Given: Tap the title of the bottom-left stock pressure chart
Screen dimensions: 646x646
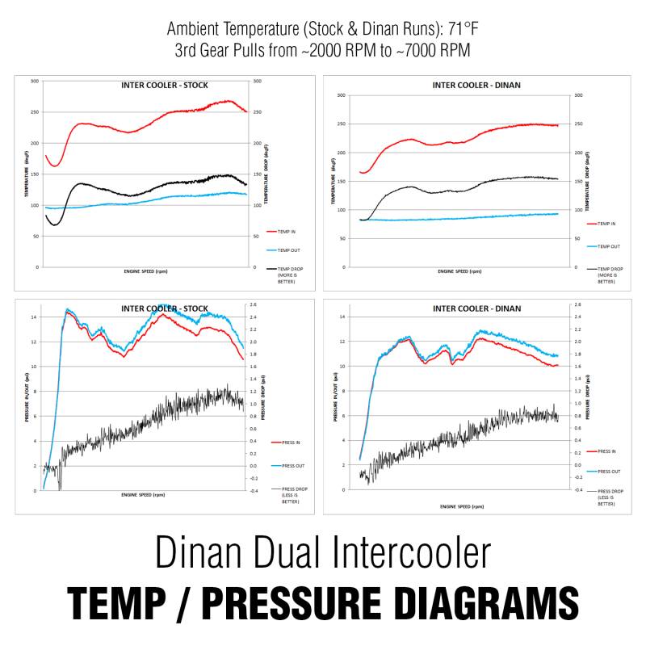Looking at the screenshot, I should coord(164,308).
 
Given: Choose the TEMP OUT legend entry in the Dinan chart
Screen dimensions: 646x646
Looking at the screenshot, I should coord(607,245).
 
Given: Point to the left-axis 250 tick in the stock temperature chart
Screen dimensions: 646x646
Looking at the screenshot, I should coord(34,112).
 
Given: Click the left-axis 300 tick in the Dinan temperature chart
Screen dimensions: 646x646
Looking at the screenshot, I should coord(341,95).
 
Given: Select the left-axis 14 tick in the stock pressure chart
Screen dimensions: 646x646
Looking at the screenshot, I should coord(34,317).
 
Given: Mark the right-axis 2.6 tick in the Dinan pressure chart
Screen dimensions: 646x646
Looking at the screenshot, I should coord(577,304).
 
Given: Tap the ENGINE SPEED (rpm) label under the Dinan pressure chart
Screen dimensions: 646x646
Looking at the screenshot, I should coord(462,506).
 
